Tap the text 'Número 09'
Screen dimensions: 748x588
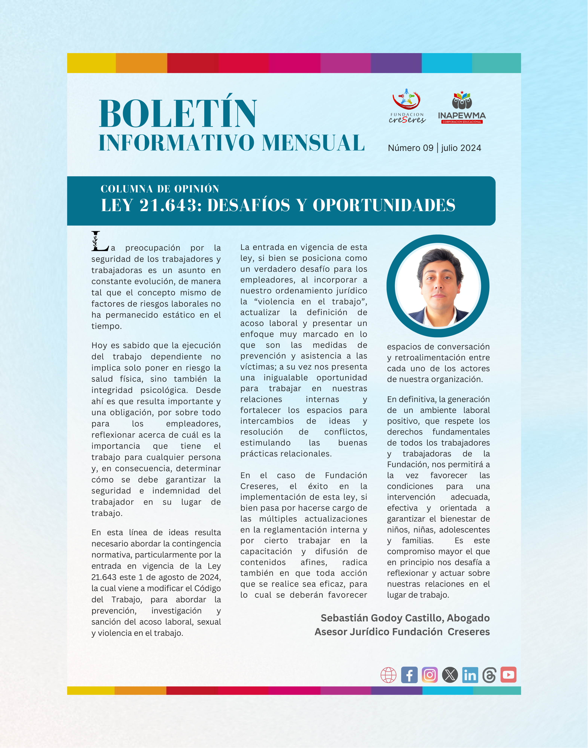pyautogui.click(x=410, y=148)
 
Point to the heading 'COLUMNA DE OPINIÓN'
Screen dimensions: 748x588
pyautogui.click(x=160, y=189)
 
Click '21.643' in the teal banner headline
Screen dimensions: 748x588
pyautogui.click(x=168, y=205)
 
